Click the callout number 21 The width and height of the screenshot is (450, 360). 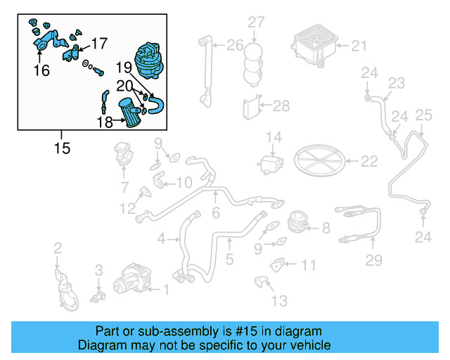tap(359, 47)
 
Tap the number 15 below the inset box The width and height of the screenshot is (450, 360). tap(61, 148)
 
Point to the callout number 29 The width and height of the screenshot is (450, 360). tap(373, 261)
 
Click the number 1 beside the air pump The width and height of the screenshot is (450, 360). tap(166, 289)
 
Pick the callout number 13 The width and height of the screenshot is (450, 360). tap(279, 301)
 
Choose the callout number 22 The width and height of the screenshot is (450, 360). tap(369, 162)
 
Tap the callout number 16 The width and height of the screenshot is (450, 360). tap(41, 70)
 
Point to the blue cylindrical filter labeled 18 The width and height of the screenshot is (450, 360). tap(129, 113)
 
